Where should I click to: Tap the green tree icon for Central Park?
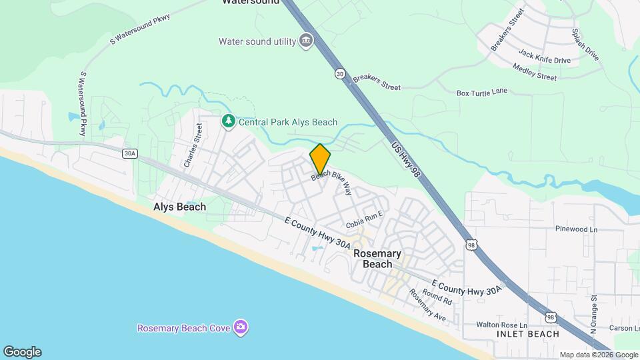[228, 122]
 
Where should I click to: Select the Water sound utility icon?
[306, 41]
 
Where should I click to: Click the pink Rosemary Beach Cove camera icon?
[241, 327]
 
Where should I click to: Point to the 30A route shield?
[129, 153]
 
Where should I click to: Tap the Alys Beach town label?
[180, 207]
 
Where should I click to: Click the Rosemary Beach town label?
[377, 259]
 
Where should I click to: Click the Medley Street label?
[534, 72]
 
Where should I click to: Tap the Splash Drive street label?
[585, 45]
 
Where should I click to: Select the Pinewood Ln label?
[576, 229]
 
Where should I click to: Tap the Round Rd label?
[437, 297]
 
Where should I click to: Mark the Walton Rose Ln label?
[502, 325]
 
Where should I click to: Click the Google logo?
[22, 352]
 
